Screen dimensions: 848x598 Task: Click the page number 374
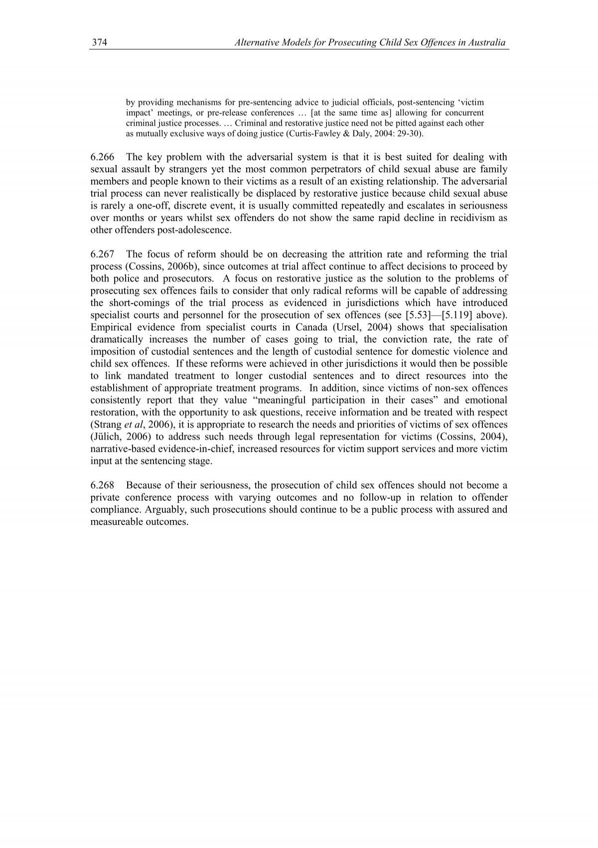click(100, 43)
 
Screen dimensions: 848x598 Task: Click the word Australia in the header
click(489, 43)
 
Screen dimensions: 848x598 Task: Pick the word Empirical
click(108, 328)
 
